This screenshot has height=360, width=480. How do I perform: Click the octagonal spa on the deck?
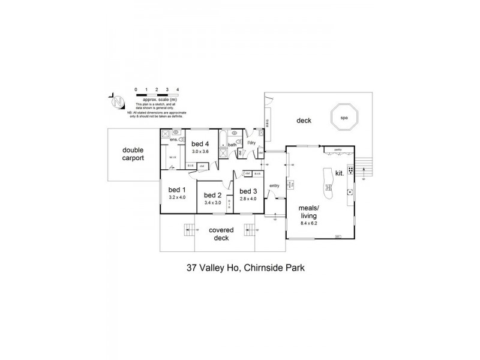[344, 117]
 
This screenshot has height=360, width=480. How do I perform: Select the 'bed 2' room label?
[213, 196]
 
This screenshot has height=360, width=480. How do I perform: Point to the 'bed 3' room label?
[248, 191]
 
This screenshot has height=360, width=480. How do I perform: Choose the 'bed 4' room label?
[200, 144]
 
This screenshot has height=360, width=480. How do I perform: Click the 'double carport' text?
[133, 154]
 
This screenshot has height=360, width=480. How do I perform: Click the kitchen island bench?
[328, 183]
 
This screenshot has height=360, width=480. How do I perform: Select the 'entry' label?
[275, 185]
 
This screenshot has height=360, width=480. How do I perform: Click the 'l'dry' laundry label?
[251, 143]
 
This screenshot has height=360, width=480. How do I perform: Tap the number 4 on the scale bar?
[178, 89]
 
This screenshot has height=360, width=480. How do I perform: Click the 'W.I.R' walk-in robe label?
[172, 158]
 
